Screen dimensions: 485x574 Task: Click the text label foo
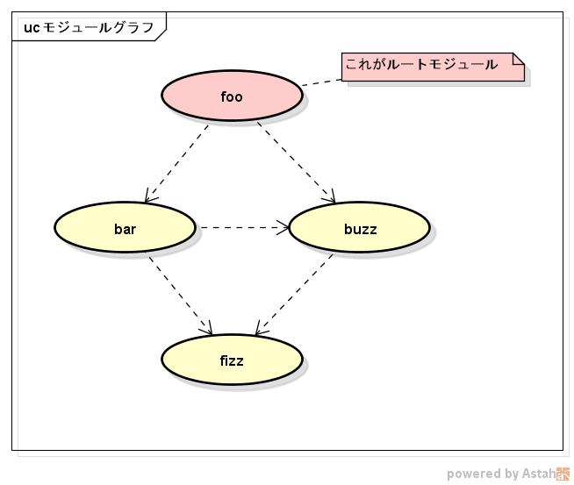(232, 96)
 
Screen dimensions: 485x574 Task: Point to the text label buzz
(360, 229)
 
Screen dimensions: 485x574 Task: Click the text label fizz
(232, 360)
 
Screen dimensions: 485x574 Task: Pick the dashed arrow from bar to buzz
(241, 227)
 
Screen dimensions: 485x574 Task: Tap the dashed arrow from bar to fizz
(180, 295)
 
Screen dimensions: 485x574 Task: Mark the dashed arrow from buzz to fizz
(295, 295)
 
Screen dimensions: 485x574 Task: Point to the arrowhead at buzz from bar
(283, 228)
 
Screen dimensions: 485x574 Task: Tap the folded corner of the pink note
(518, 59)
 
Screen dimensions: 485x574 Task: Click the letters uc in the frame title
(32, 27)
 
